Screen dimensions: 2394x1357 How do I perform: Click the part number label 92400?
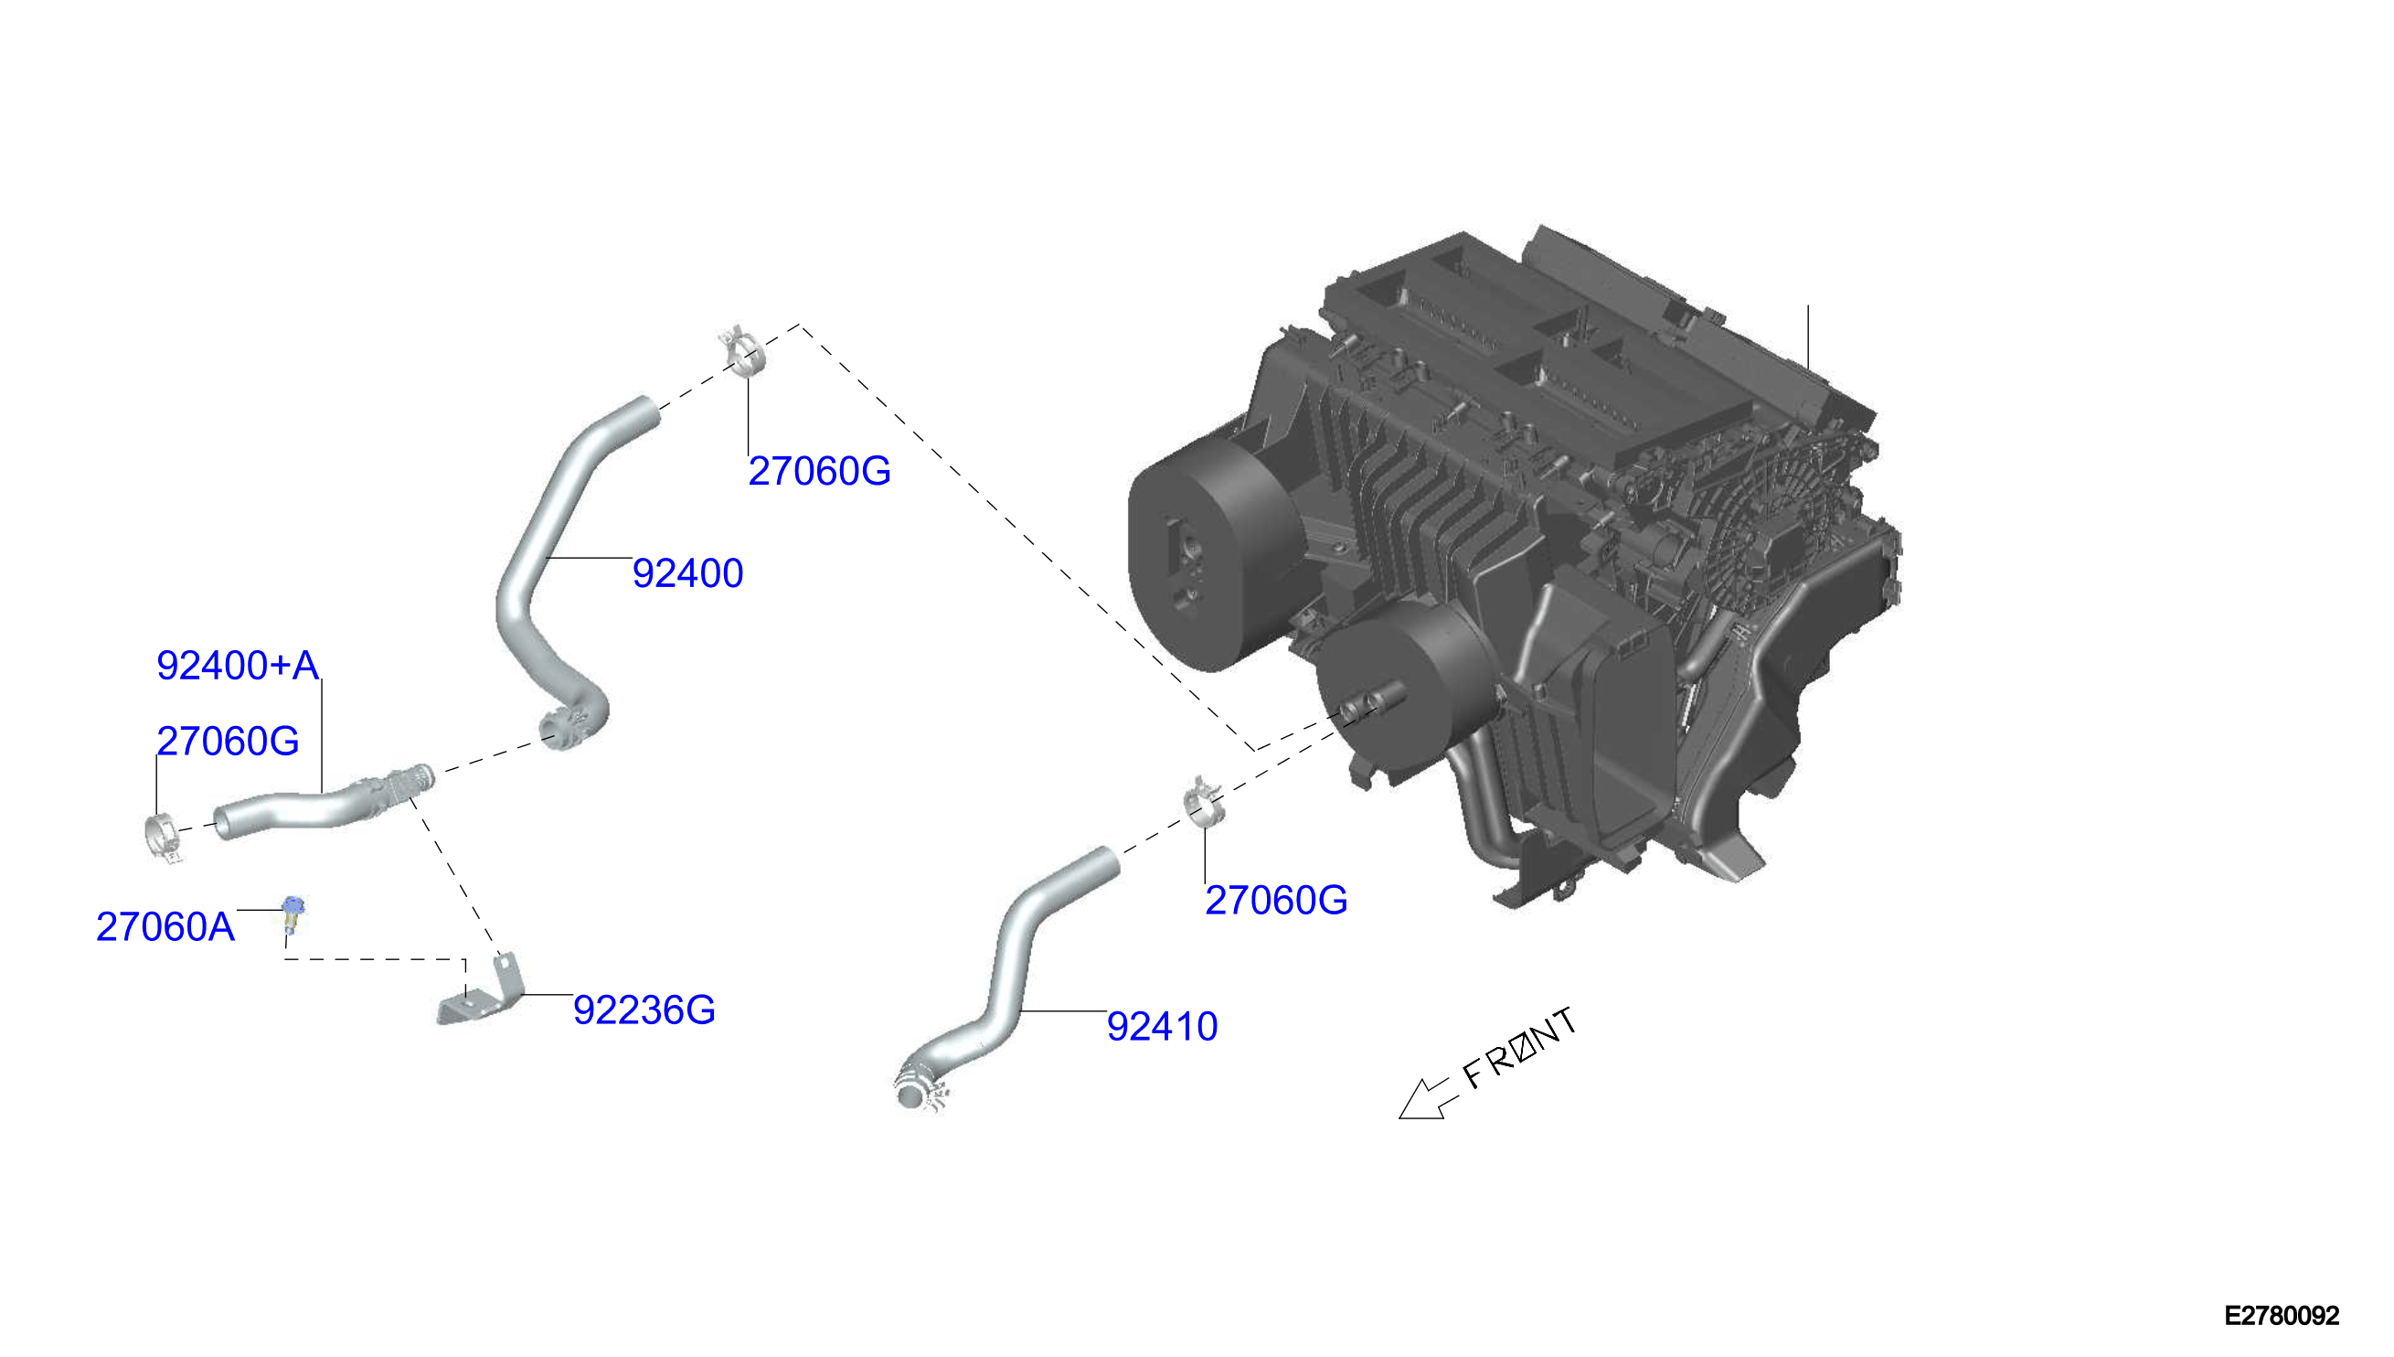click(687, 573)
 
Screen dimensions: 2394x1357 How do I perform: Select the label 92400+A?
click(238, 666)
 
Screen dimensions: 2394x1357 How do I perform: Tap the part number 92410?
click(1162, 1026)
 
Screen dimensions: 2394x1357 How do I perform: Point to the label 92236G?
click(644, 1010)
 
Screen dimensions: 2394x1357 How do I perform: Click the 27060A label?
click(165, 927)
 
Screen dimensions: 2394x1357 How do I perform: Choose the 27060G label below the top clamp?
click(819, 471)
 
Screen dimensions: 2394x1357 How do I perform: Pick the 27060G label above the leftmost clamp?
click(228, 741)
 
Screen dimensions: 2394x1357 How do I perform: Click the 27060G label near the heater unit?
click(1275, 901)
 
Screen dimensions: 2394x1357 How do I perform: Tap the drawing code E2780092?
click(2282, 1315)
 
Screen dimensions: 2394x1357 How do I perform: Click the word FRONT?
click(1520, 1048)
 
